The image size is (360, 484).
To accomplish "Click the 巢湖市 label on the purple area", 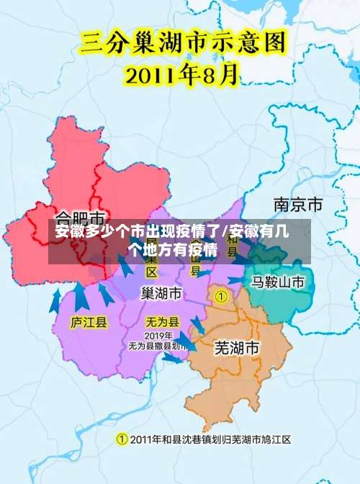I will (x=161, y=292).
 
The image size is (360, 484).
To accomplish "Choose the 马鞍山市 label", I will (x=278, y=281).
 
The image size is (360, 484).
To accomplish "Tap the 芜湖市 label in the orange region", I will (x=237, y=347).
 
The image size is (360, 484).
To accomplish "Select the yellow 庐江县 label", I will (x=89, y=322).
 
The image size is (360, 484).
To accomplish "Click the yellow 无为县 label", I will (x=162, y=322).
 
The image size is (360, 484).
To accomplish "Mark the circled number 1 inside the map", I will (x=222, y=296).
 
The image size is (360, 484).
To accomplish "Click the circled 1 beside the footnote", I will (x=122, y=439).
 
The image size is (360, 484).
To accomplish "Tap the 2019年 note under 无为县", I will (x=158, y=336).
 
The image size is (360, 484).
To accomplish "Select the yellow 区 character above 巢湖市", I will (x=152, y=272).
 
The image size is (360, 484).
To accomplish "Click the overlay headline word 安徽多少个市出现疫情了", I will (x=137, y=232).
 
